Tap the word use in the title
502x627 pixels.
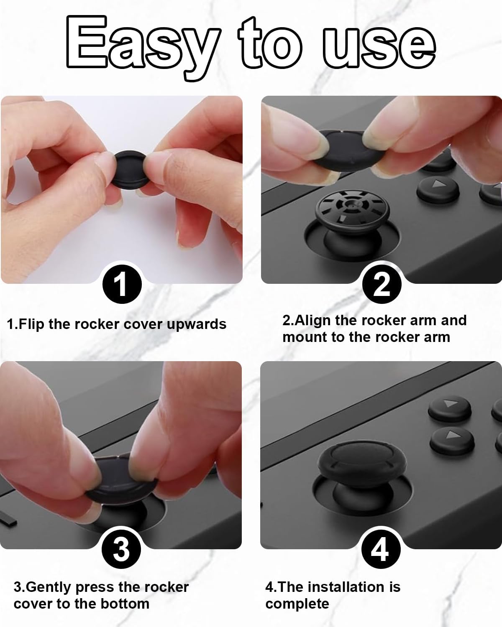379,48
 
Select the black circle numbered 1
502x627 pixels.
122,284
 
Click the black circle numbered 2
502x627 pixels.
382,284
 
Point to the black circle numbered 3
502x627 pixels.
121,549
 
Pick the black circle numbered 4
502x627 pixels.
381,549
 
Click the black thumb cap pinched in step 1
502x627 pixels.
130,170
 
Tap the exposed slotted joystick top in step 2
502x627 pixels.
352,208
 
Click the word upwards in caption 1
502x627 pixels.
196,324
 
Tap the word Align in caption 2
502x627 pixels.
312,321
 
